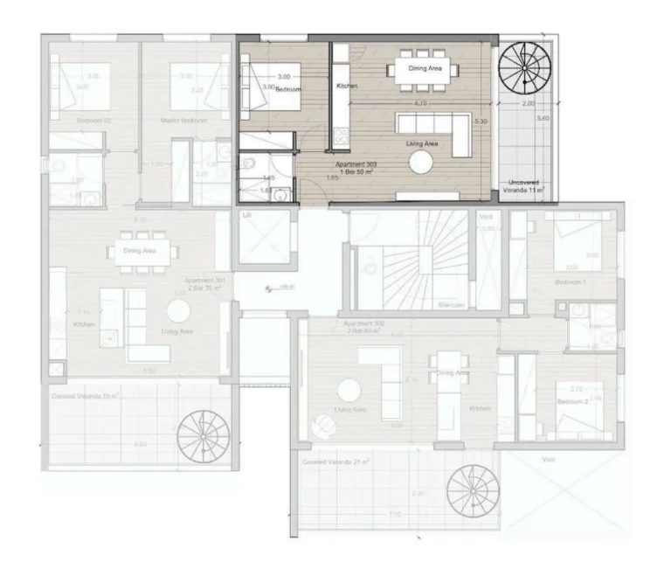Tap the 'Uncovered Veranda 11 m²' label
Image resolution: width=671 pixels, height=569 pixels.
527,186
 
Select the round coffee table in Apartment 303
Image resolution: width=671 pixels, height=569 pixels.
423,162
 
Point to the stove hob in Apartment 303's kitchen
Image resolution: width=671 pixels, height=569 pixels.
339,137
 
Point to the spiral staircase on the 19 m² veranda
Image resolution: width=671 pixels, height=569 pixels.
201,434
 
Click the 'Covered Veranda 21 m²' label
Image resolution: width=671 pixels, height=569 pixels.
332,461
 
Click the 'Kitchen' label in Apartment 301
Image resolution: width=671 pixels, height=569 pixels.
84,324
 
